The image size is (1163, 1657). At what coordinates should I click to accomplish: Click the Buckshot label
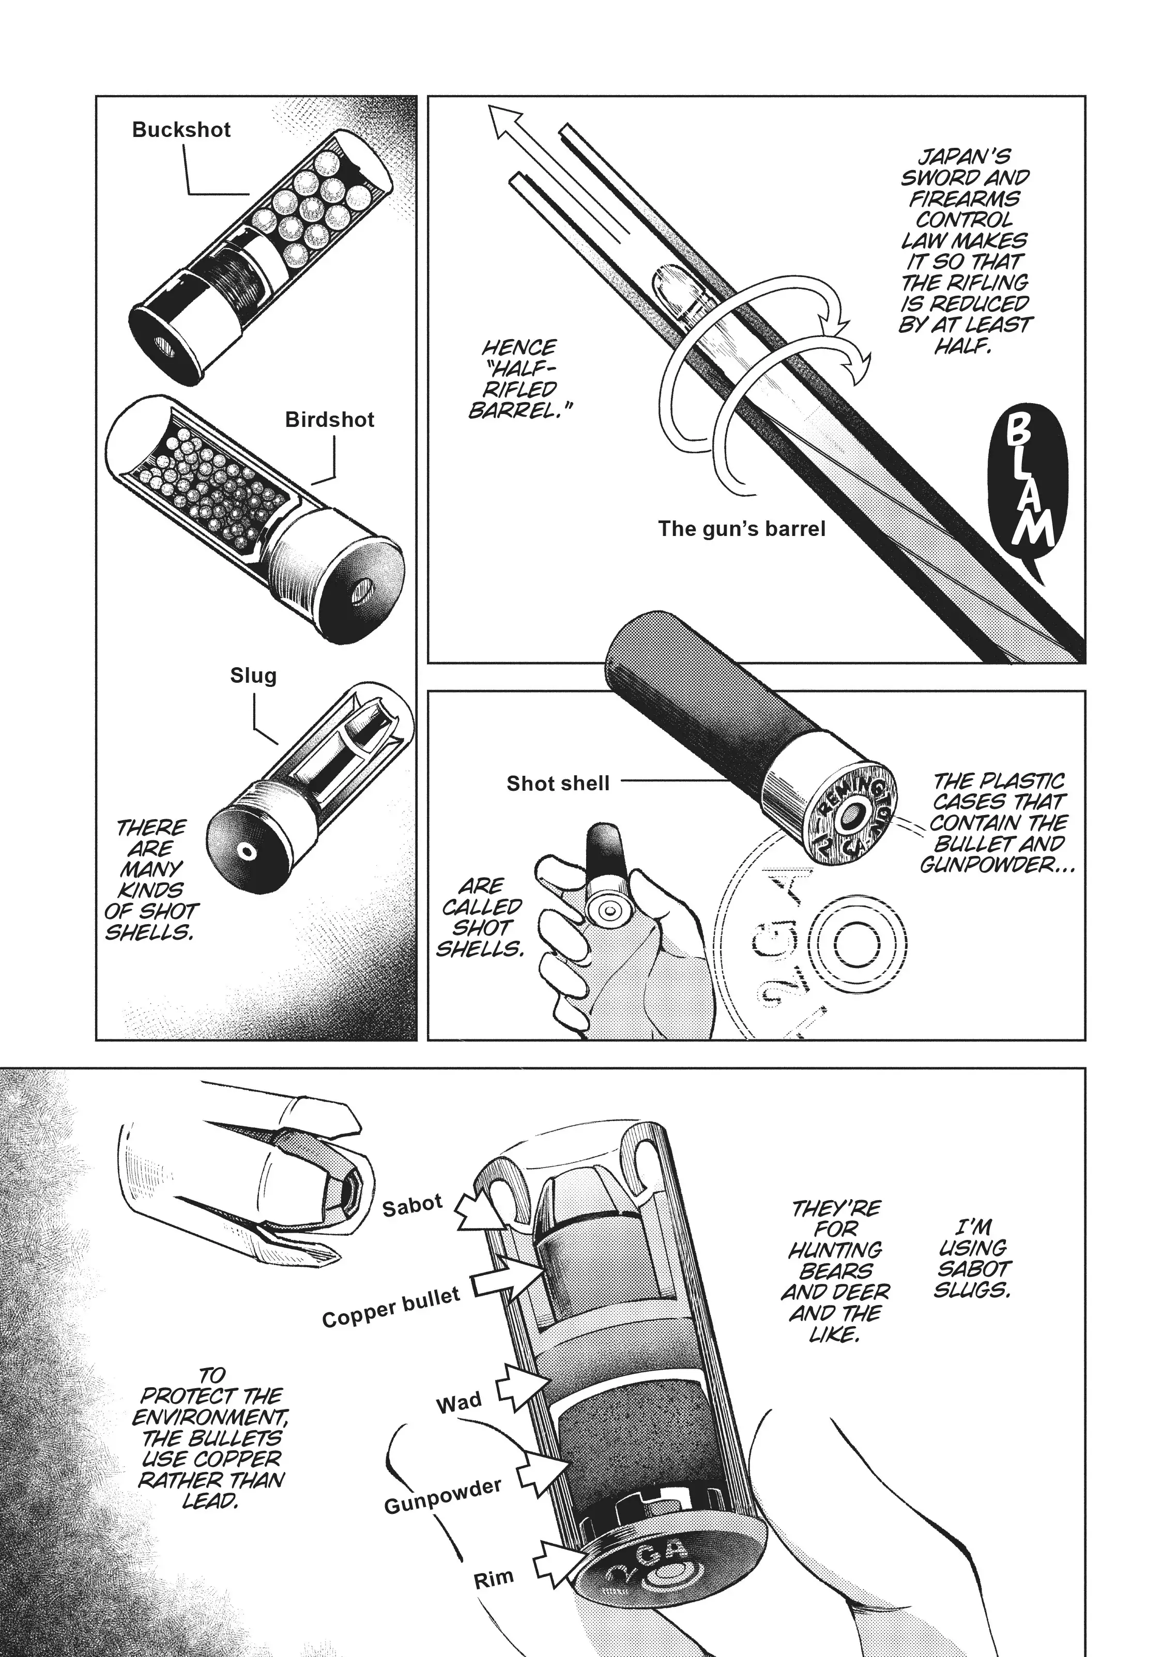point(181,130)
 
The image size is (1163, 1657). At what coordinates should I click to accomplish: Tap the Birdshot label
point(330,420)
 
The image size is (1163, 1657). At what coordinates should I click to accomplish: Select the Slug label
point(253,676)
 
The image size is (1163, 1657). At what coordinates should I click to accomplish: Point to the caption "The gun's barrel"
point(741,529)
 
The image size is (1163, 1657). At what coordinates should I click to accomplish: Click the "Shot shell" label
point(558,783)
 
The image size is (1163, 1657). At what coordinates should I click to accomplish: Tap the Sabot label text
point(412,1204)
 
